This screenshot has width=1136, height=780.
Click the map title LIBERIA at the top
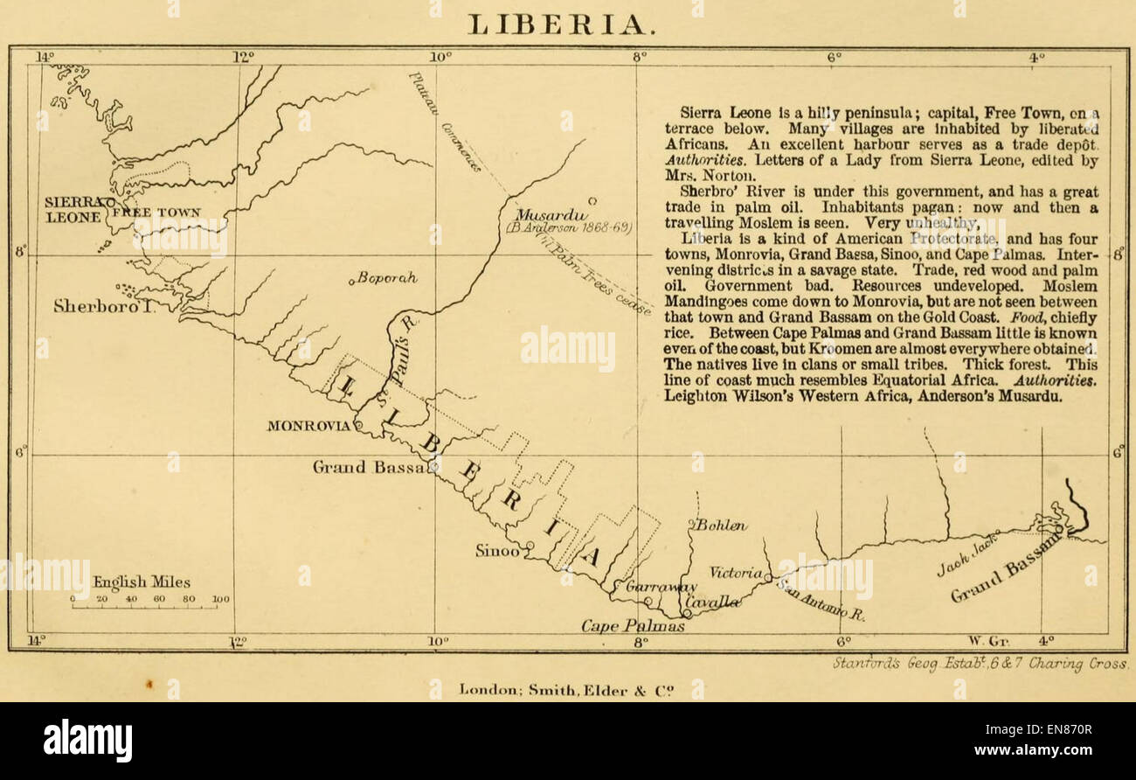[559, 24]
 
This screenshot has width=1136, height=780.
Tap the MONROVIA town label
[309, 426]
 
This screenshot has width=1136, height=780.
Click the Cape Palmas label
[634, 626]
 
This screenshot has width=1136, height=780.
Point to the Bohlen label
[722, 526]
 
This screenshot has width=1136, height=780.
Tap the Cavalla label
[712, 602]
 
